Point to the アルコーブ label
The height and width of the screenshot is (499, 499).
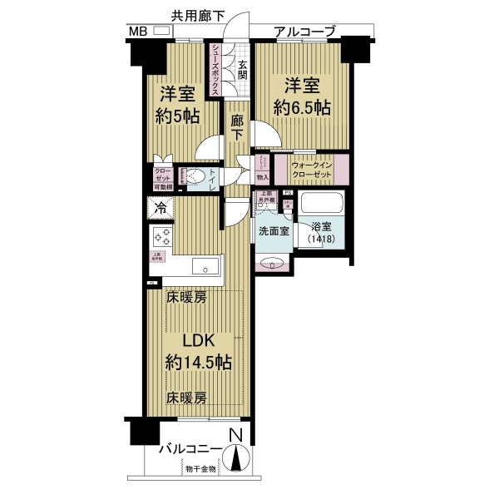305,32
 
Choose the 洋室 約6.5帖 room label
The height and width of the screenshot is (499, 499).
304,96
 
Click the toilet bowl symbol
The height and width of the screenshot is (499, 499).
195,176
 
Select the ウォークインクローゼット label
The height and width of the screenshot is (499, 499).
312,171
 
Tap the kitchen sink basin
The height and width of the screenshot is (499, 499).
204,266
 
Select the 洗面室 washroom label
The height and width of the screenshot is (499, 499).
273,231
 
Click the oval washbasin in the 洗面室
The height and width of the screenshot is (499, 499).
272,264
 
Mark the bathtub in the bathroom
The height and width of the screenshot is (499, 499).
320,203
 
